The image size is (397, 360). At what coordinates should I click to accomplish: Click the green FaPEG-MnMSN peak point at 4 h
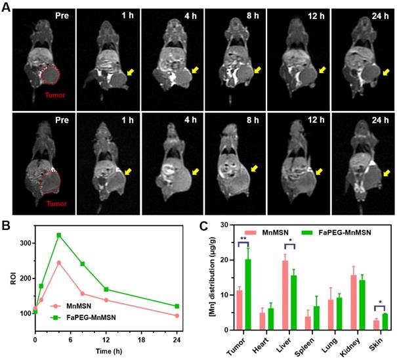(x=59, y=235)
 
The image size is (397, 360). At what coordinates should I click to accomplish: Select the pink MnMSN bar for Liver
(x=285, y=295)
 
